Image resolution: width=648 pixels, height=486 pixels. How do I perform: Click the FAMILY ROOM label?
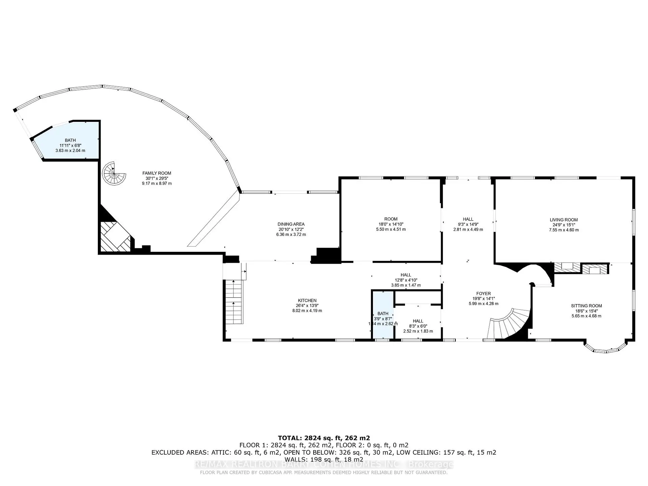(x=157, y=173)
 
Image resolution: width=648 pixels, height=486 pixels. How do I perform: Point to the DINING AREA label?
(x=291, y=224)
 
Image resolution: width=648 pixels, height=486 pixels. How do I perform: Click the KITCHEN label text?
(x=307, y=300)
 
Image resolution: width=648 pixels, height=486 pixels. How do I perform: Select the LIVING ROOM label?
(x=564, y=220)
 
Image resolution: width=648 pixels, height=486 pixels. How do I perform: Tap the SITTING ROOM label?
(x=586, y=306)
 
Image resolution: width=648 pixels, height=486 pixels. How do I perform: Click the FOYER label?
(x=483, y=294)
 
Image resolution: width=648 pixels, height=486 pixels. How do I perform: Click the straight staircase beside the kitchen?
(x=234, y=302)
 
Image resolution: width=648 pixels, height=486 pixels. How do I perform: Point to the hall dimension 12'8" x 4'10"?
(x=406, y=280)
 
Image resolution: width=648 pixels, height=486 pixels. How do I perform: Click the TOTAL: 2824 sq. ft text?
(x=324, y=438)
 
